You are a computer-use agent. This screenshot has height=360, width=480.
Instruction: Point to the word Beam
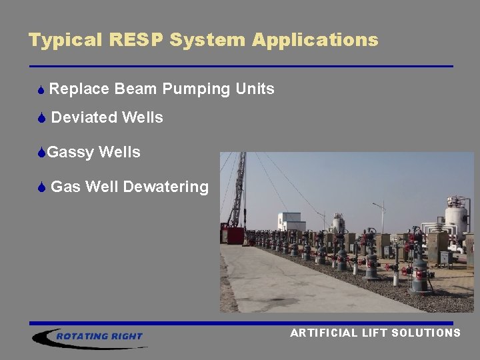[133, 89]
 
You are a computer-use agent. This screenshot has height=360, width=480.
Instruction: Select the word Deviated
[78, 117]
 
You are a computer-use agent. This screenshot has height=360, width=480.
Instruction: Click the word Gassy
[71, 153]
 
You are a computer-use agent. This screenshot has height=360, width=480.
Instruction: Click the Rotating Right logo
[89, 337]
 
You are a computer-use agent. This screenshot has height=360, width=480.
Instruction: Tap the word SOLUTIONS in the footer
[426, 333]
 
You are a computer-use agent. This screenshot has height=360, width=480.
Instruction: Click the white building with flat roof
[291, 222]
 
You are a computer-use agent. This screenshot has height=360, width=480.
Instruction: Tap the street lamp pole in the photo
[383, 217]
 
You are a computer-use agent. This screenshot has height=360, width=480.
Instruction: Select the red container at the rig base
[233, 235]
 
